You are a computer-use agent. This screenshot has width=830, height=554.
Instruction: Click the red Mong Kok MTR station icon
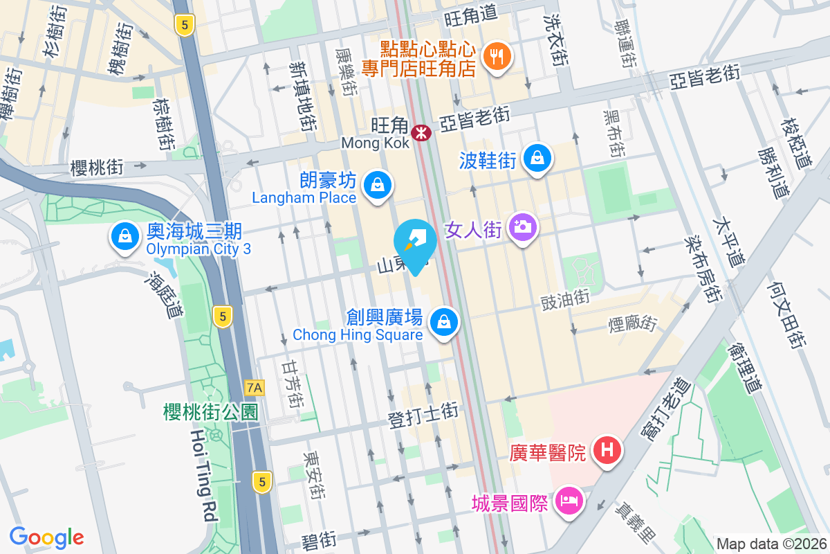[x=421, y=132]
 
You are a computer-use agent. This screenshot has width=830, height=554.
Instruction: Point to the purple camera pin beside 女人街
[x=523, y=226]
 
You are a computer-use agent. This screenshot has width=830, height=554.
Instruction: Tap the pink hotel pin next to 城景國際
[x=569, y=500]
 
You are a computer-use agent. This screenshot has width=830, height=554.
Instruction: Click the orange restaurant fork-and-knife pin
[x=496, y=55]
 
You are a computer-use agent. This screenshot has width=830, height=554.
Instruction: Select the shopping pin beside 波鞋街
[x=537, y=158]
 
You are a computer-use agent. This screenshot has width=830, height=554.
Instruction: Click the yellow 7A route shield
[x=255, y=387]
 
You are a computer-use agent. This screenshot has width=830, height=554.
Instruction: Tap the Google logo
[x=46, y=537]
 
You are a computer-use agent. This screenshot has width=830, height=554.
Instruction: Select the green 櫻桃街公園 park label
[x=210, y=412]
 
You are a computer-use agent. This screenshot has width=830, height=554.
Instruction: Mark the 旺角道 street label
[x=470, y=12]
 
